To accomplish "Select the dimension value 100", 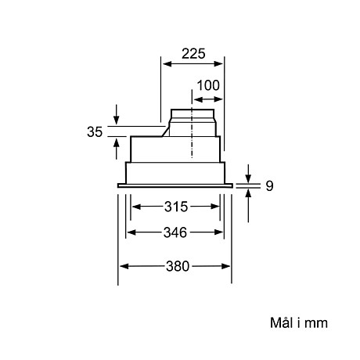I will (x=207, y=85).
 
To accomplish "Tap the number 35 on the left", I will (x=95, y=131).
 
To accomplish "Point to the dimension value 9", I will (x=268, y=185).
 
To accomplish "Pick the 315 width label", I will (x=177, y=207).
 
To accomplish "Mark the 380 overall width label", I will (x=177, y=265).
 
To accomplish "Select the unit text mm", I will (x=316, y=322).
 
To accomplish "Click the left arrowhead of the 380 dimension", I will (x=123, y=266).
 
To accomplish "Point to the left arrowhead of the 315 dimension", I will (x=136, y=207).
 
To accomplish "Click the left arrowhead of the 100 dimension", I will (x=196, y=99).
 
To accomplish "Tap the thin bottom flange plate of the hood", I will (x=175, y=185).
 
